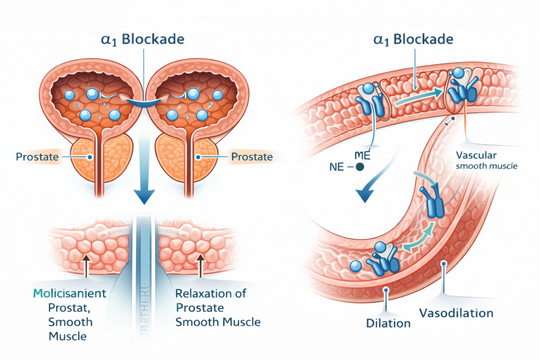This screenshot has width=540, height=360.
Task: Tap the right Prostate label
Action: tap(252, 157)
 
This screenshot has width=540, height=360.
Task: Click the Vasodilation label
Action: tap(456, 313)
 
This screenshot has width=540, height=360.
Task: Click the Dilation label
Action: tap(389, 322)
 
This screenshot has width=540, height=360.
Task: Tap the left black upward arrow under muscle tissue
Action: tap(85, 266)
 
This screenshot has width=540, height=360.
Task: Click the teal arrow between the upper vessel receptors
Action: tap(415, 97)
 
